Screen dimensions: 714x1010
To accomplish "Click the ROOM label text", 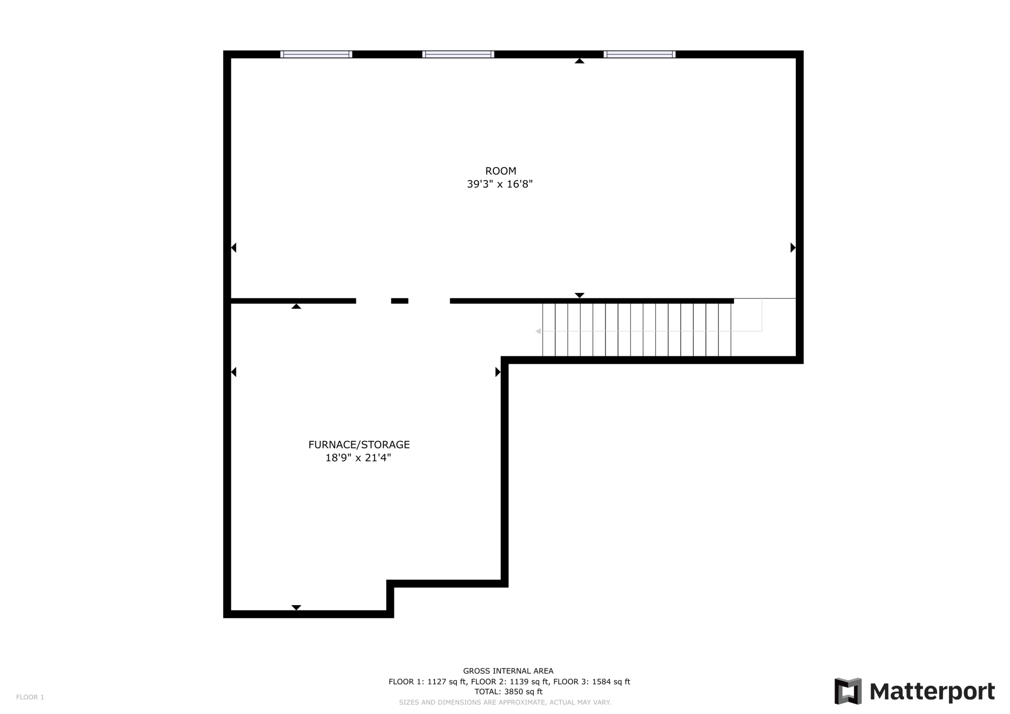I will pyautogui.click(x=501, y=171).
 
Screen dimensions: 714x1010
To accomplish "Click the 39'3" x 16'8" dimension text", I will pyautogui.click(x=500, y=184).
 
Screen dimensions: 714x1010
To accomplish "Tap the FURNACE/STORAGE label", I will pyautogui.click(x=359, y=444).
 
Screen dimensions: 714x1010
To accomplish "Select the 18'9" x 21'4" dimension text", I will pyautogui.click(x=358, y=458).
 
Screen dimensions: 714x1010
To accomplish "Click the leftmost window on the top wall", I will pyautogui.click(x=316, y=54).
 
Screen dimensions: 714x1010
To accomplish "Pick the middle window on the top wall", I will pyautogui.click(x=458, y=54).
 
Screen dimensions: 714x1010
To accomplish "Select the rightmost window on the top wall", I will pyautogui.click(x=640, y=54).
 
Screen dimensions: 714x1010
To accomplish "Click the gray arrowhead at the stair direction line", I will pyautogui.click(x=538, y=331).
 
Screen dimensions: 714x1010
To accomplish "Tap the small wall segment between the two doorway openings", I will pyautogui.click(x=400, y=301).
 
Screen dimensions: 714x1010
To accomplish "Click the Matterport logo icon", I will pyautogui.click(x=848, y=691).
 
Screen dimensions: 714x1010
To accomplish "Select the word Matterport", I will pyautogui.click(x=932, y=691).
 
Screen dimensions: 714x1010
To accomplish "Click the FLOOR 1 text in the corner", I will pyautogui.click(x=30, y=697).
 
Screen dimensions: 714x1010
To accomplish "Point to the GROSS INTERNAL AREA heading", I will pyautogui.click(x=508, y=671).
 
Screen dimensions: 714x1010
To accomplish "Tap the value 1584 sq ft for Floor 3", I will pyautogui.click(x=611, y=681).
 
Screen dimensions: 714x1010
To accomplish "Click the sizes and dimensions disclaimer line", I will pyautogui.click(x=505, y=702).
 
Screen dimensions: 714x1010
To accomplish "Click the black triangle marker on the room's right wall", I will pyautogui.click(x=792, y=248).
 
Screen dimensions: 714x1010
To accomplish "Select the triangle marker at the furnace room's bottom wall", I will pyautogui.click(x=296, y=607).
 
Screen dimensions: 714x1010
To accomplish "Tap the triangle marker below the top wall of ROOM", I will pyautogui.click(x=579, y=61).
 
